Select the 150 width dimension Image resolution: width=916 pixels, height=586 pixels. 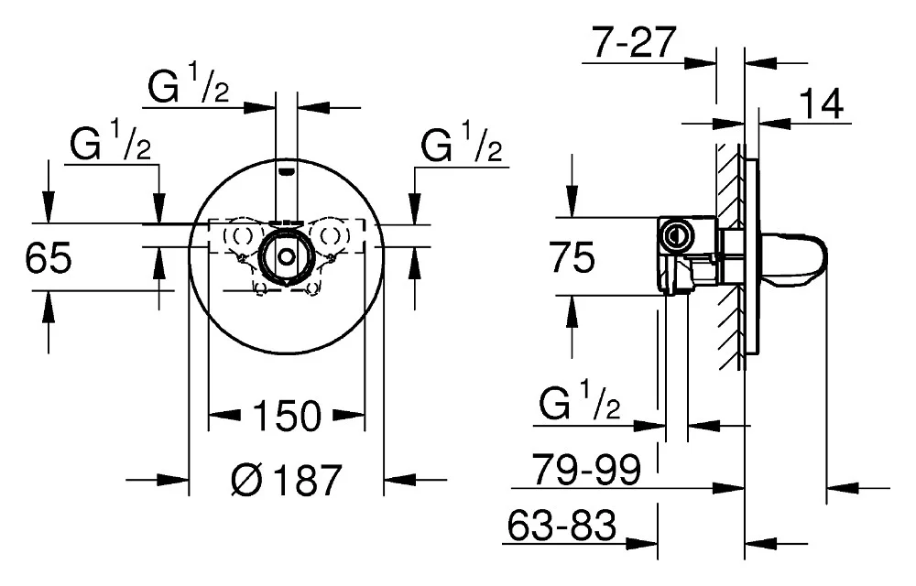tap(287, 417)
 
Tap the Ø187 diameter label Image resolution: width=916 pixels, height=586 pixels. tap(287, 478)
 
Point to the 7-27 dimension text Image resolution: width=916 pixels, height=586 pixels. tap(633, 43)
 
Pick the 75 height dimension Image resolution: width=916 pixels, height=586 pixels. tap(573, 259)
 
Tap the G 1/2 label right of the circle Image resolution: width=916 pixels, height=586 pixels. tap(463, 146)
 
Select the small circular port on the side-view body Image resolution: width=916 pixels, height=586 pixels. tap(677, 233)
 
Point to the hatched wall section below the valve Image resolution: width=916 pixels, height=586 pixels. tap(733, 325)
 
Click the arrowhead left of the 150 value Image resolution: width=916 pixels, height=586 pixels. tap(224, 417)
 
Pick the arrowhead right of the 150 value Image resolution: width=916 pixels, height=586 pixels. tap(350, 417)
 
